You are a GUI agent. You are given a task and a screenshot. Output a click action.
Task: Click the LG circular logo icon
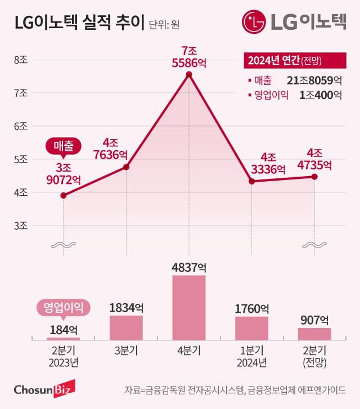pyautogui.click(x=254, y=22)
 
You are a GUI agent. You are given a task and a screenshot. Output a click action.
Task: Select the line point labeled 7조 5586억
pyautogui.click(x=189, y=74)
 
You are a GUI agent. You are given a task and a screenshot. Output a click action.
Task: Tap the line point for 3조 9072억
pyautogui.click(x=63, y=195)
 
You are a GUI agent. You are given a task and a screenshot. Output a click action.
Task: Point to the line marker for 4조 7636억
pyautogui.click(x=126, y=167)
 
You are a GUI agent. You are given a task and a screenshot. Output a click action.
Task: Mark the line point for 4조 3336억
pyautogui.click(x=251, y=181)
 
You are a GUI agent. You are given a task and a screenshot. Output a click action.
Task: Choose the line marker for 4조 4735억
pyautogui.click(x=314, y=177)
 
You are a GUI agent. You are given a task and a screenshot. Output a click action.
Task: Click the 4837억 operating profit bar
pyautogui.click(x=189, y=307)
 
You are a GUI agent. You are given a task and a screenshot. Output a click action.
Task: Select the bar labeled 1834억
pyautogui.click(x=126, y=327)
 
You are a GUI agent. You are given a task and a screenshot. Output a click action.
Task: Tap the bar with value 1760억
pyautogui.click(x=251, y=328)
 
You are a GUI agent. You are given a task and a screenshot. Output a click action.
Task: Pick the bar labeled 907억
pyautogui.click(x=314, y=334)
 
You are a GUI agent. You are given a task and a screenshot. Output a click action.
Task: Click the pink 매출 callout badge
pyautogui.click(x=63, y=145)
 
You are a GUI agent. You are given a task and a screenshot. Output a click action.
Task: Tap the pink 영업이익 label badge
pyautogui.click(x=63, y=307)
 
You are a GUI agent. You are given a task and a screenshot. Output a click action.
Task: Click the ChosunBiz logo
pyautogui.click(x=40, y=389)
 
